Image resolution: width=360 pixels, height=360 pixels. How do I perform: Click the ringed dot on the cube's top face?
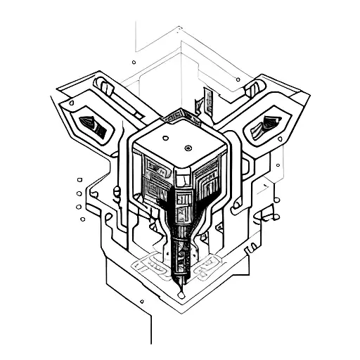click(188, 148)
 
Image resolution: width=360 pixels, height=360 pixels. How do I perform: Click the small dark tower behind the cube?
click(209, 98)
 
